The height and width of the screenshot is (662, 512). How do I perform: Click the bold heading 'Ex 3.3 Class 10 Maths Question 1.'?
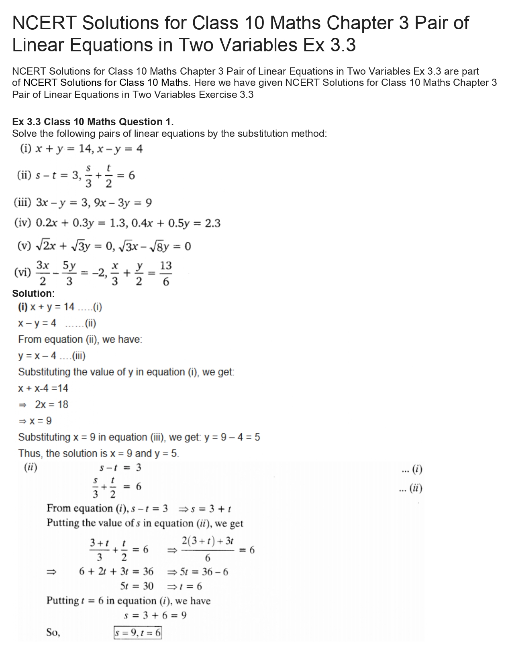point(93,122)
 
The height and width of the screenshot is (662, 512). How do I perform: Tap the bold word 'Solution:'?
point(33,293)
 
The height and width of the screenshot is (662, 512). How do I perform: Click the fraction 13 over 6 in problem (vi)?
point(165,273)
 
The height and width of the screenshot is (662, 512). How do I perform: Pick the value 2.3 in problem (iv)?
point(212,223)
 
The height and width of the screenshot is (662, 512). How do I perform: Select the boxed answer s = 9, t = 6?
point(137,633)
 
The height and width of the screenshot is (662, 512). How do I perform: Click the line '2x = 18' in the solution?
point(51,404)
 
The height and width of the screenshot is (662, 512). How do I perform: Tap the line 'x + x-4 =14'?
point(43,388)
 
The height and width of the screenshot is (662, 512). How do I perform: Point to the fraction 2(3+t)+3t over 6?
point(208,549)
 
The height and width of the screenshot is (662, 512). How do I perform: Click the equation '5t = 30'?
point(137,586)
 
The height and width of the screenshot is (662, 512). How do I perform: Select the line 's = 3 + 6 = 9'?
point(155,615)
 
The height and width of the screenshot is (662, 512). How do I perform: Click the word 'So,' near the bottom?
point(53,633)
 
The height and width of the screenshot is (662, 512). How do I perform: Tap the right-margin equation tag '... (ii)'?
point(410,488)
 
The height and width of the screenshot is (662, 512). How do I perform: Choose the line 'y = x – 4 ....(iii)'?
point(52,356)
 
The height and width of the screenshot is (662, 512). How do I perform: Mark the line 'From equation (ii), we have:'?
point(80,339)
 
